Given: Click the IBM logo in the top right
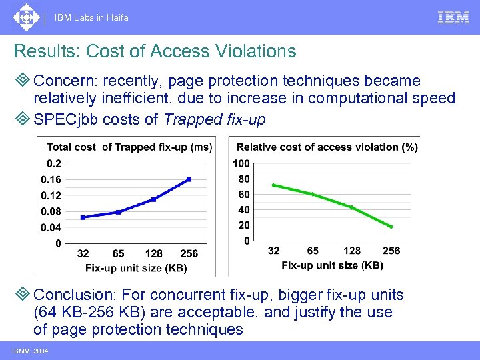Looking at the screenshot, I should tap(453, 17).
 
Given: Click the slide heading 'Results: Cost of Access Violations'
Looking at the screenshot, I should tap(155, 51).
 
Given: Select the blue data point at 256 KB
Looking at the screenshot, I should tap(189, 179).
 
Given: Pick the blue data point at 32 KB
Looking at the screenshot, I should tap(83, 217).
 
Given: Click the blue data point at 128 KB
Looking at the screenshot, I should tap(153, 199).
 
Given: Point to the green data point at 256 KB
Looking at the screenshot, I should tap(391, 227).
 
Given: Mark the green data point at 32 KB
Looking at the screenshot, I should tap(273, 185).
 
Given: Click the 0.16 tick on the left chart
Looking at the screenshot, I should tap(51, 180).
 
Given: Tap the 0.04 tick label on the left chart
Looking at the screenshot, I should tap(51, 227).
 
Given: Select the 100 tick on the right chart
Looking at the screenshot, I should tap(241, 164).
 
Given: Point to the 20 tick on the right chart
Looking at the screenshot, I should tap(244, 225).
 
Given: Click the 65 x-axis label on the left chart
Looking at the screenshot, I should tap(118, 254).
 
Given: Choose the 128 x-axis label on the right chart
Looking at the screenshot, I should tap(352, 251).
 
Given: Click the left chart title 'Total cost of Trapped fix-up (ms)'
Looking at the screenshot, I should tap(129, 147).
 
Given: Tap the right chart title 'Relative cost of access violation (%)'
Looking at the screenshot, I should tap(327, 147).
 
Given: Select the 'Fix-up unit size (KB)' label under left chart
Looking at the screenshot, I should tap(136, 268).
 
